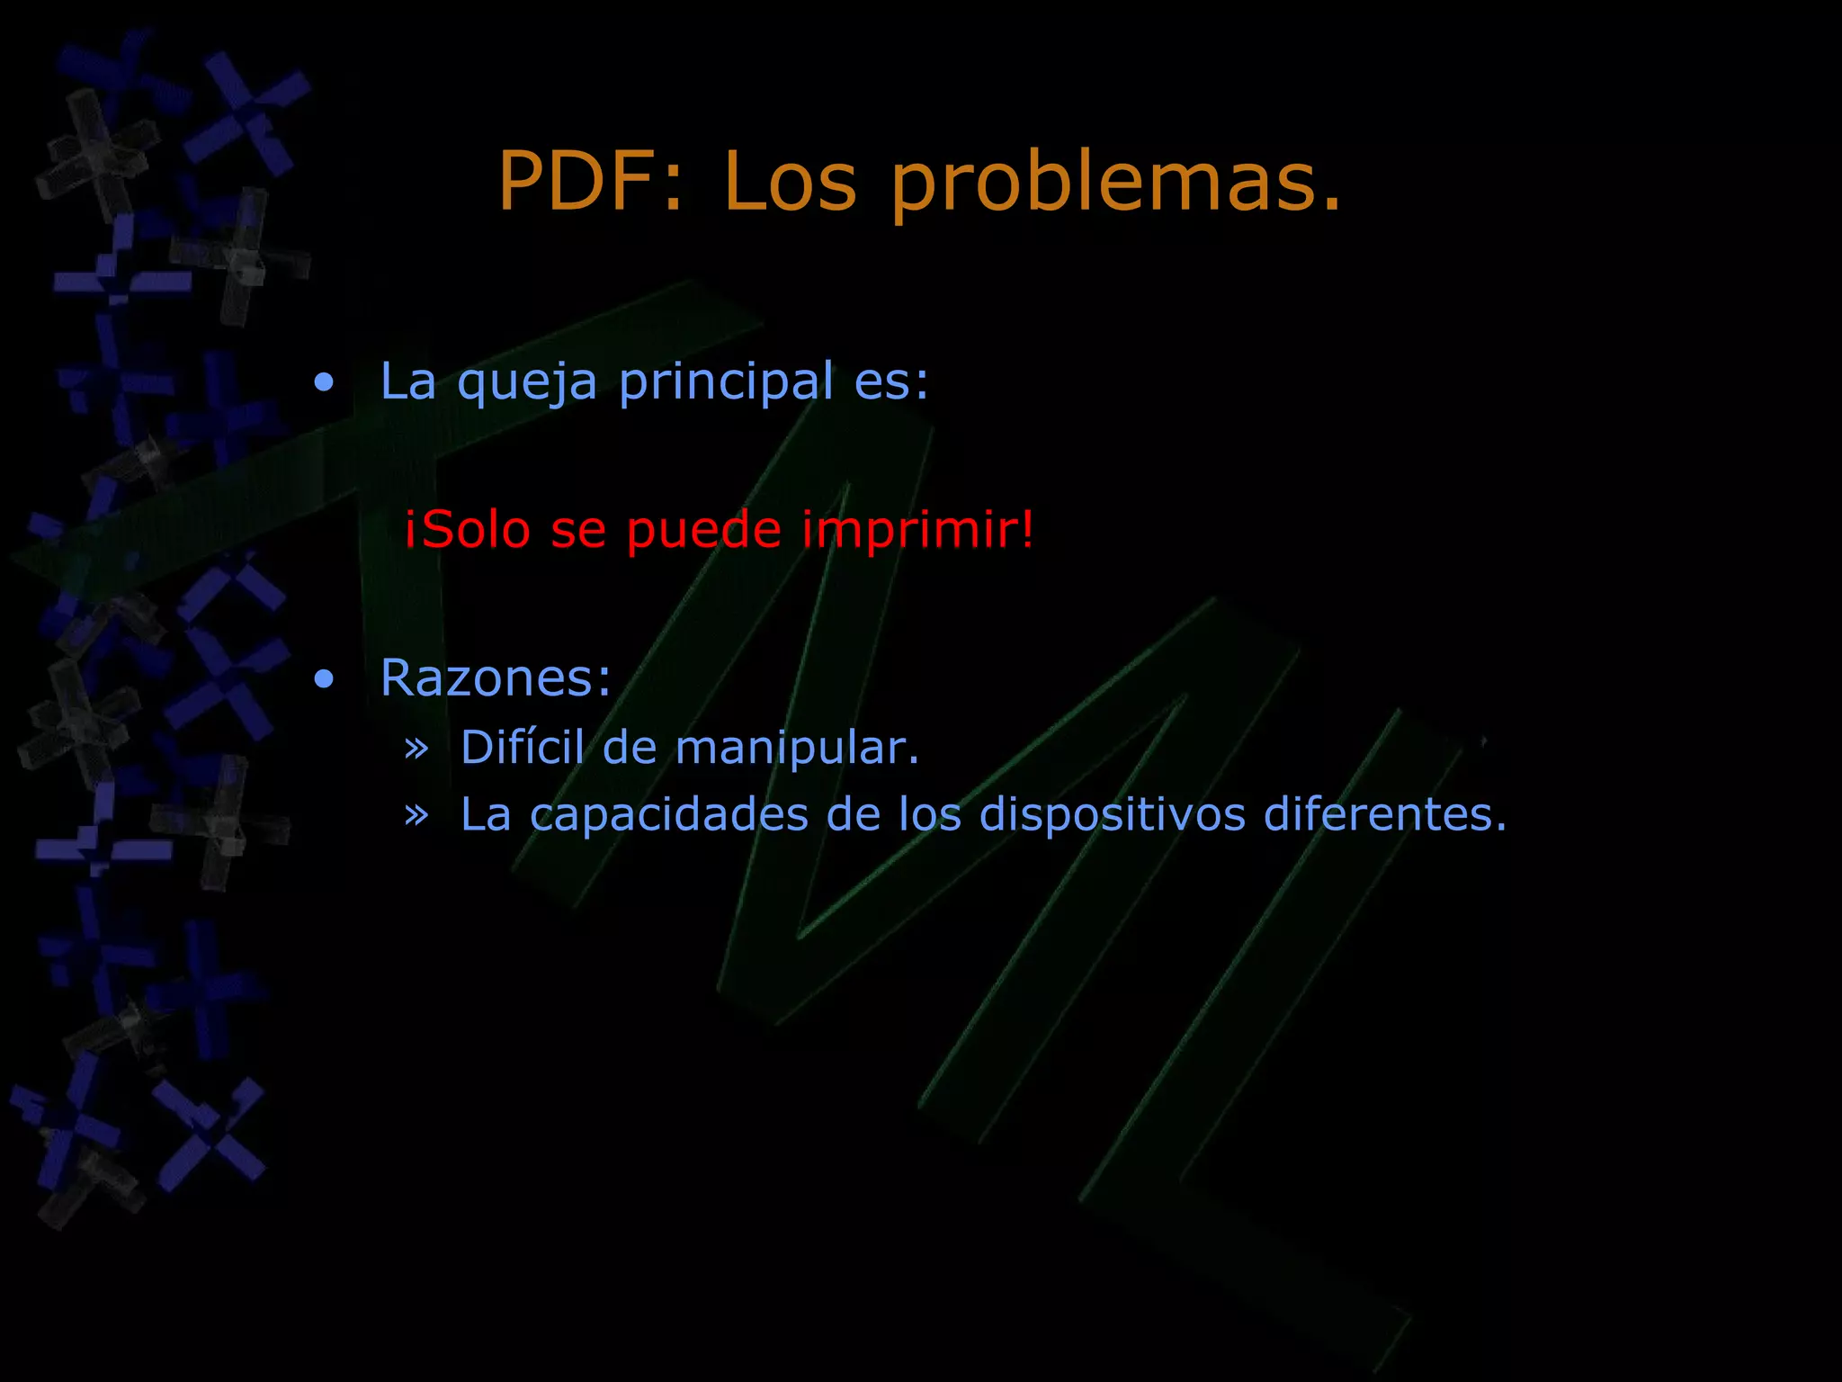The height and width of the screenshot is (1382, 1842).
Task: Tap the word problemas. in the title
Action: click(x=1116, y=183)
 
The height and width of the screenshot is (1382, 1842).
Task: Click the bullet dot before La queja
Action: click(x=324, y=383)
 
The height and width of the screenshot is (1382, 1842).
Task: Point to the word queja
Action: click(x=527, y=383)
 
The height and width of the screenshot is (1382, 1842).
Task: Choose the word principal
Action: click(x=726, y=383)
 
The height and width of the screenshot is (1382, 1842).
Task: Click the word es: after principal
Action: click(x=891, y=381)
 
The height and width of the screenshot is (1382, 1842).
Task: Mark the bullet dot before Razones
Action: click(x=324, y=680)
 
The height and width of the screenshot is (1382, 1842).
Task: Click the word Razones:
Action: click(x=496, y=678)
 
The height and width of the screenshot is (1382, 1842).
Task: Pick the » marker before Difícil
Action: click(x=416, y=748)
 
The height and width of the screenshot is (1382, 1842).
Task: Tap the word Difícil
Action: click(x=523, y=747)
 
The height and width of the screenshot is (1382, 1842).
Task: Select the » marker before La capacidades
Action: click(x=416, y=815)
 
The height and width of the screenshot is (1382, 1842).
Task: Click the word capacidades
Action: click(x=669, y=815)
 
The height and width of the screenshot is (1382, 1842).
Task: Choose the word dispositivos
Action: click(x=1112, y=815)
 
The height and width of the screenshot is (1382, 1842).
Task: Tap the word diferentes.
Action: click(x=1385, y=813)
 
